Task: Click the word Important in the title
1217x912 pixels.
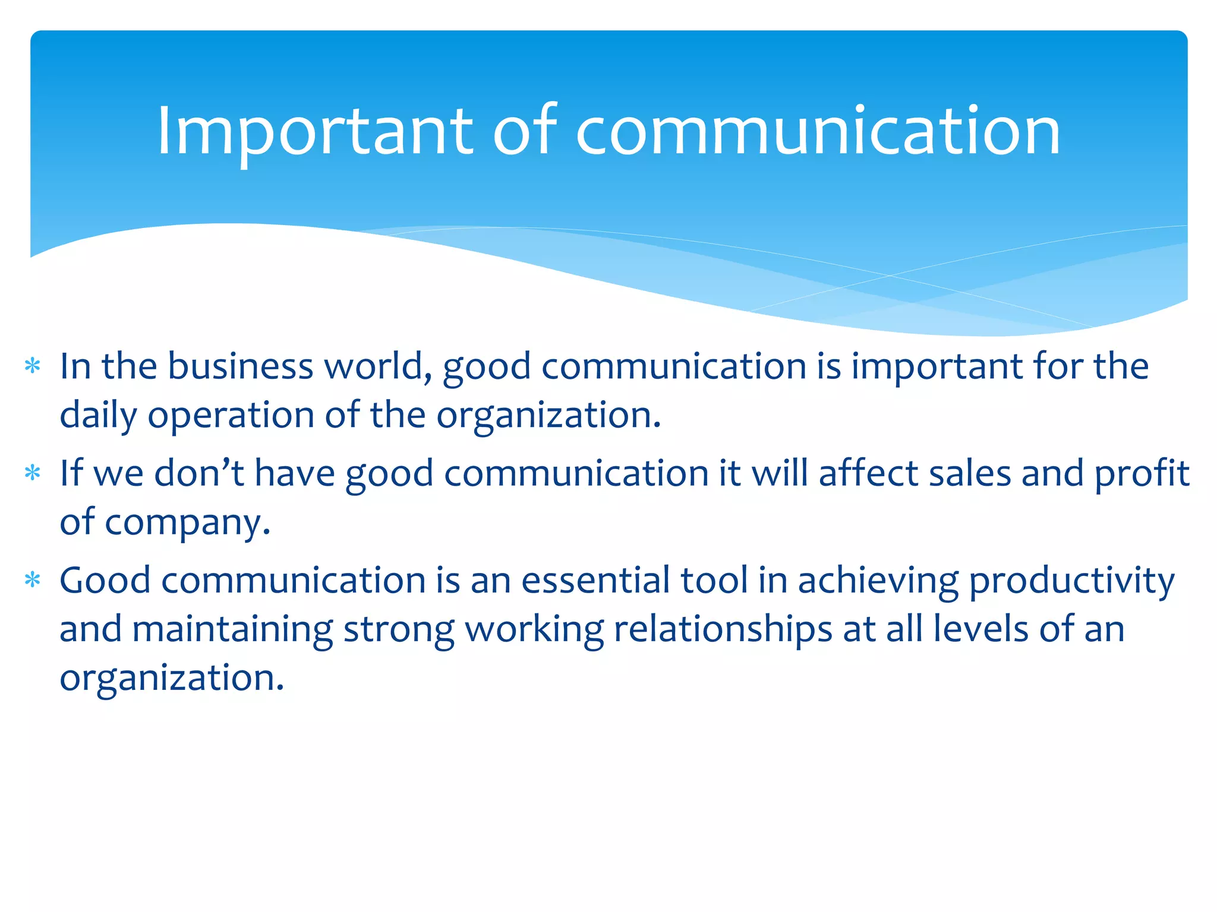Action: pos(314,131)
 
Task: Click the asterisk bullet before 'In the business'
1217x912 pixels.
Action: pos(33,366)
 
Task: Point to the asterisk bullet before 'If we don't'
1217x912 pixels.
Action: pos(33,474)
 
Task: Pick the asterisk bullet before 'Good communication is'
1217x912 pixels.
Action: pos(33,580)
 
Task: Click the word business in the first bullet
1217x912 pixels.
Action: pos(240,366)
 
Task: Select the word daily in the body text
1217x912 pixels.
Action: pos(98,415)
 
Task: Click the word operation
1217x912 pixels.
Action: pos(231,415)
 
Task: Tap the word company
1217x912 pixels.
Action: pos(187,522)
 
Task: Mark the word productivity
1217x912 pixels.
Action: pos(1071,580)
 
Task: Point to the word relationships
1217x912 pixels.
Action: pos(723,629)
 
